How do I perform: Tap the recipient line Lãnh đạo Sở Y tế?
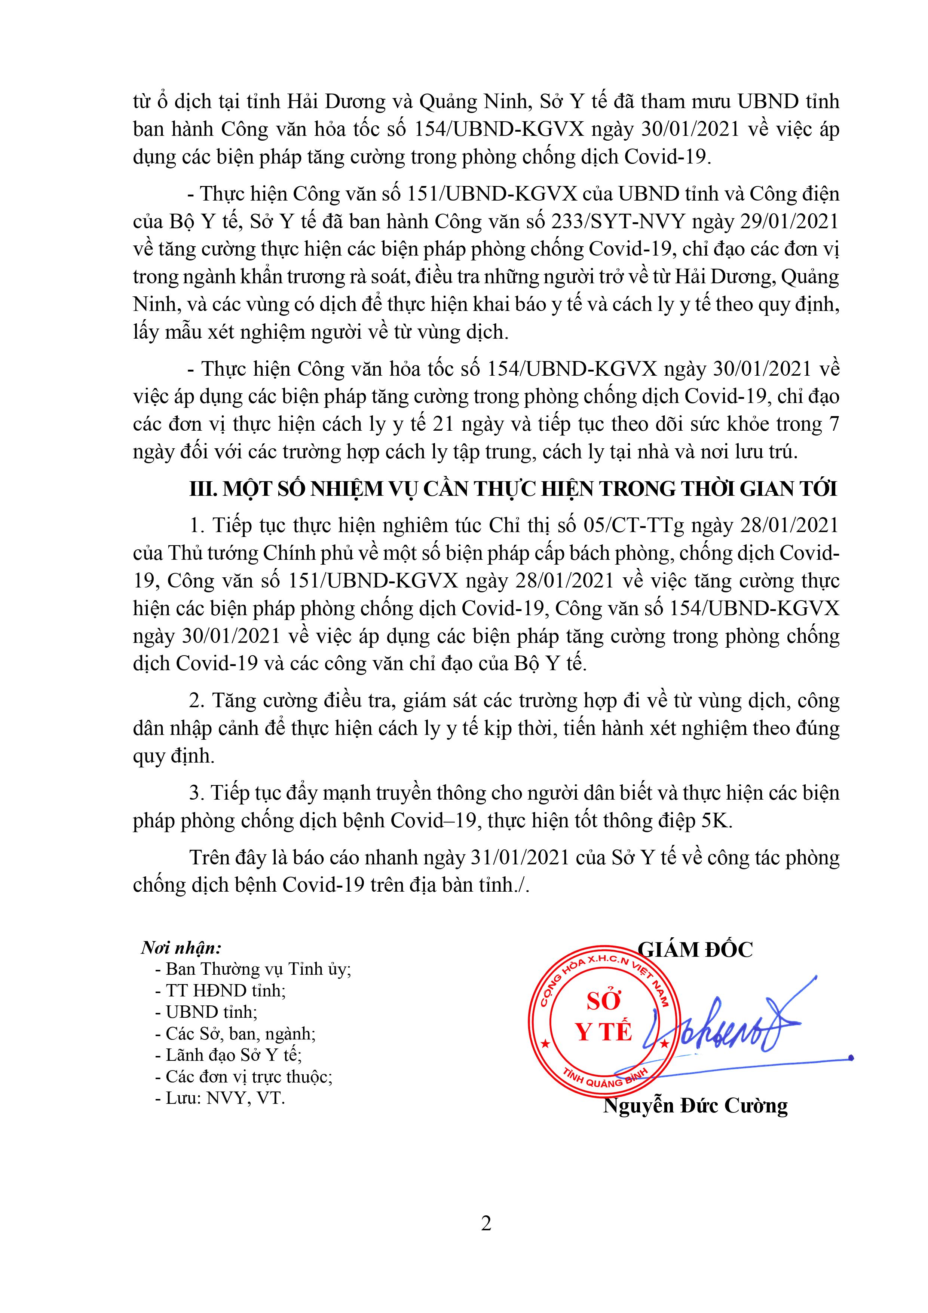233,1055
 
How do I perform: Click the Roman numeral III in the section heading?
201,489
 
